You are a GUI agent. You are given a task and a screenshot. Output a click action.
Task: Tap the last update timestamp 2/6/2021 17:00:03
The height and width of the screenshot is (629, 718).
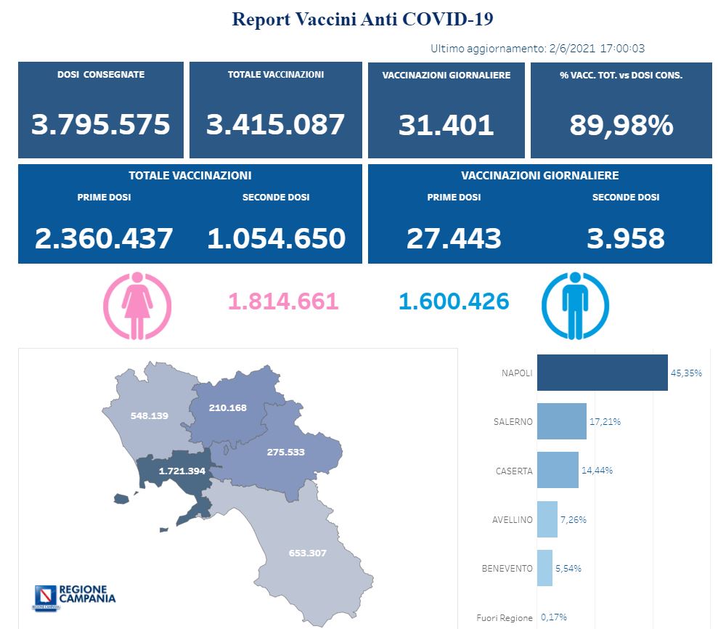tap(595, 49)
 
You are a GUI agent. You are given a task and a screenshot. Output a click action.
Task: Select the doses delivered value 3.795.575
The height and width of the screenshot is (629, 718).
tap(101, 124)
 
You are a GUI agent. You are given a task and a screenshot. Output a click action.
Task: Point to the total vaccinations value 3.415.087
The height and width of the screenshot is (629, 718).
tap(275, 124)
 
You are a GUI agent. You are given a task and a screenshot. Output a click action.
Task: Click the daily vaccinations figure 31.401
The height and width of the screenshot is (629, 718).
tap(446, 125)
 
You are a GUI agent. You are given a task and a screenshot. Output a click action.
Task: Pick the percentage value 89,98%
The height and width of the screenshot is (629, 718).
tap(621, 125)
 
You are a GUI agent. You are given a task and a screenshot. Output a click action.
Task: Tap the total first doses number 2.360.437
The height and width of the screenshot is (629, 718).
tap(105, 238)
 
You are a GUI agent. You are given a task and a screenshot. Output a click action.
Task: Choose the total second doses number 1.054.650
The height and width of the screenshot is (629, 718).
tap(276, 238)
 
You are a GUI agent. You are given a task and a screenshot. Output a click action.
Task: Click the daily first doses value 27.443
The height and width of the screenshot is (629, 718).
tap(454, 238)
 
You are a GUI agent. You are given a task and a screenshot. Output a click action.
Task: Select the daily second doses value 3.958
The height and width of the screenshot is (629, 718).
tap(626, 238)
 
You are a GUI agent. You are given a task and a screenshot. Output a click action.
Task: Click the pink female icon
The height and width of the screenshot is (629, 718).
tap(137, 306)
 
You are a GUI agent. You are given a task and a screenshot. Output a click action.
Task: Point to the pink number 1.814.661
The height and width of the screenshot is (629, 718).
tap(283, 301)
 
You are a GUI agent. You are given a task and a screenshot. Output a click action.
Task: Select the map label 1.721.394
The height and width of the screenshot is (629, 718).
tap(181, 471)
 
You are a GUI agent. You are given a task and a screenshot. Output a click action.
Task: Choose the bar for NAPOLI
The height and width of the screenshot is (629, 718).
tap(602, 373)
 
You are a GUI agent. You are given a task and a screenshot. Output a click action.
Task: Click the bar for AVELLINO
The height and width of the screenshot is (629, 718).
tap(547, 519)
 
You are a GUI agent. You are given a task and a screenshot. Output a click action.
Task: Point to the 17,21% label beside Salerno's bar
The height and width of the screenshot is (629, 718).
tap(605, 421)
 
